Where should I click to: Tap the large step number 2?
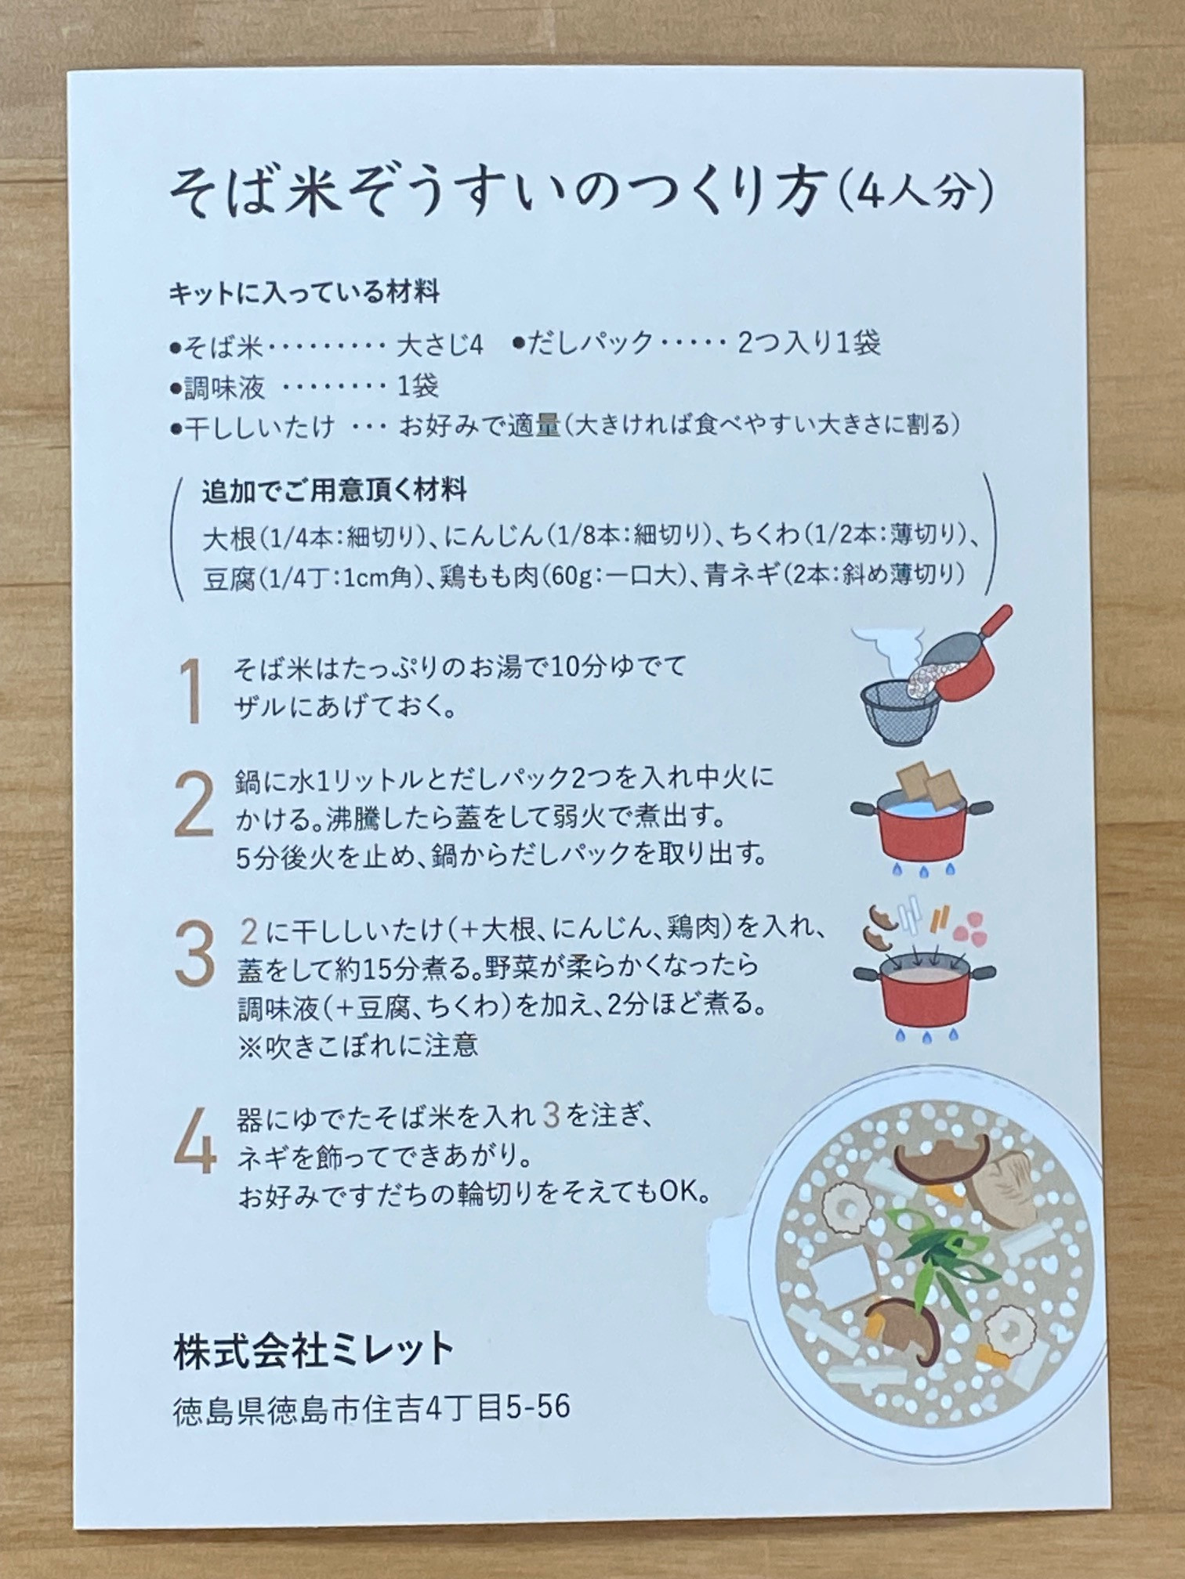click(194, 804)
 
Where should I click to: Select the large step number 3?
click(194, 954)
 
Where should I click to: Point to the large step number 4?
click(195, 1140)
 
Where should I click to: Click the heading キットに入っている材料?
click(304, 294)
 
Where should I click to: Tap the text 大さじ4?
click(440, 345)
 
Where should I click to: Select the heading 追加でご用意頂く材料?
click(335, 491)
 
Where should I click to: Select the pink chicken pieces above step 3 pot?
click(970, 925)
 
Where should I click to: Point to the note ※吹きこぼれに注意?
click(357, 1046)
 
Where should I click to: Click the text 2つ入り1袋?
click(809, 343)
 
